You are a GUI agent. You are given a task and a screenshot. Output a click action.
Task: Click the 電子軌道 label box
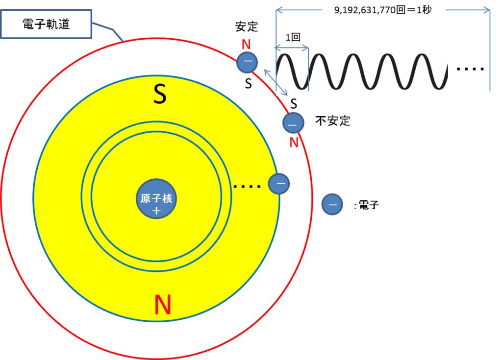(46, 24)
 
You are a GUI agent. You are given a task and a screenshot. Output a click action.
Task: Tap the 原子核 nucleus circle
(156, 199)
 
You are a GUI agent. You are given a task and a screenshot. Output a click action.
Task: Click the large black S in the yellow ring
(160, 94)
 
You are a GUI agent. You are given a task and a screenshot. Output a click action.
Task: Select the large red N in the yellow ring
(163, 304)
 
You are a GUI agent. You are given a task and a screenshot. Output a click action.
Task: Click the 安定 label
(247, 26)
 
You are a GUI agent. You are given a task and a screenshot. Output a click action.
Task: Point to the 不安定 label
(333, 121)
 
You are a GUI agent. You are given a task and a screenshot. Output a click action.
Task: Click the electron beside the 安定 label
(247, 62)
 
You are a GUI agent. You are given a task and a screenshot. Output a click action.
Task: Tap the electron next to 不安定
(293, 123)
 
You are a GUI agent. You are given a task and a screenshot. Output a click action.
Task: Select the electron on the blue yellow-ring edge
(279, 184)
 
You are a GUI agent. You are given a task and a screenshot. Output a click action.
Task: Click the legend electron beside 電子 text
(332, 204)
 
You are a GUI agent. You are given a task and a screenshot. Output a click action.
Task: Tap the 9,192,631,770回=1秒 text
(383, 10)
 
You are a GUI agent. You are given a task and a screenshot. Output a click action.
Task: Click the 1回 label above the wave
(293, 37)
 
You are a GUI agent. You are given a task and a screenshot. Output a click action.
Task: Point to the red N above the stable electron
(246, 45)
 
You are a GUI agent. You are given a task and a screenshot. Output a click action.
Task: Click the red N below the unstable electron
(294, 143)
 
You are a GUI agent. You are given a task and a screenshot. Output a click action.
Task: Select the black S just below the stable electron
(249, 84)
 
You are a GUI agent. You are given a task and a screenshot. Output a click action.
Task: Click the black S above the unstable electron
(294, 104)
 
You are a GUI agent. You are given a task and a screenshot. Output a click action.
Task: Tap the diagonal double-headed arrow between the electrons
(276, 82)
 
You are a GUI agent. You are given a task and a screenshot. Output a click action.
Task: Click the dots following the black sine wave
(470, 69)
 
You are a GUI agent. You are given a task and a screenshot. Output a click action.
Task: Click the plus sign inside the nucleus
(156, 211)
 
